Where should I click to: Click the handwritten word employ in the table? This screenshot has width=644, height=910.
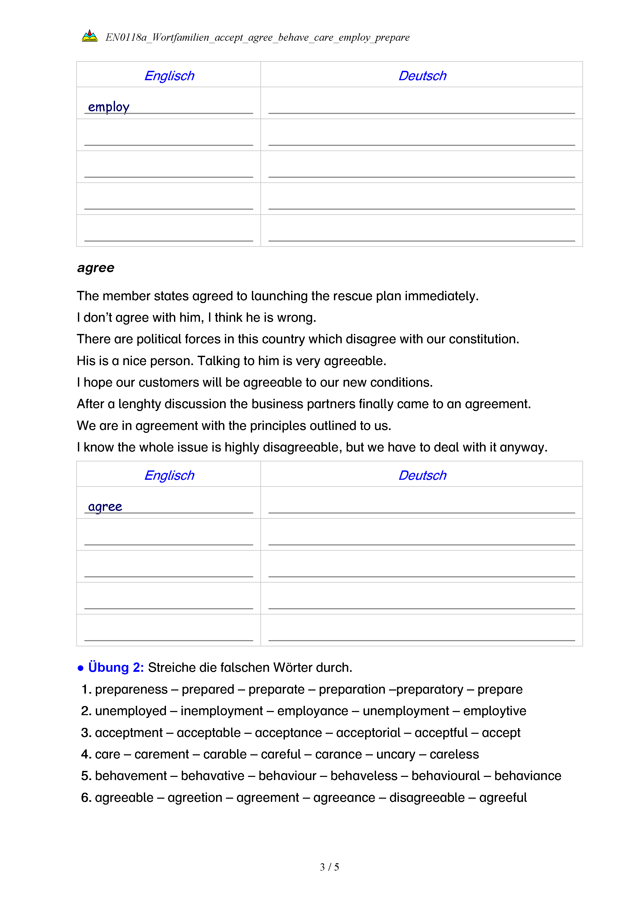pos(109,107)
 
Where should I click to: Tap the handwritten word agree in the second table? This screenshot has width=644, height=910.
pos(105,507)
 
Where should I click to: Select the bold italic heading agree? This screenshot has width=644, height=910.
pos(96,268)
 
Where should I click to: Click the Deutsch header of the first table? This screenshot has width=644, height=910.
pos(422,76)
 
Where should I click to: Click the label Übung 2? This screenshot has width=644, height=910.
pos(116,667)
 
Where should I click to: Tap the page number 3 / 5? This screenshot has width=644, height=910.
pos(329,867)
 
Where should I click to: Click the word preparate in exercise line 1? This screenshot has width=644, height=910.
pos(276,690)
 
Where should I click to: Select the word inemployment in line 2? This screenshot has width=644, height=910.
pos(222,711)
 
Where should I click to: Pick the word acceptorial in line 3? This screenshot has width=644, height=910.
pos(368,733)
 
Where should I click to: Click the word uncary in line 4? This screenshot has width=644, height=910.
pos(395,754)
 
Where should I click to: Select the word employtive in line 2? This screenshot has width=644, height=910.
pos(494,711)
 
